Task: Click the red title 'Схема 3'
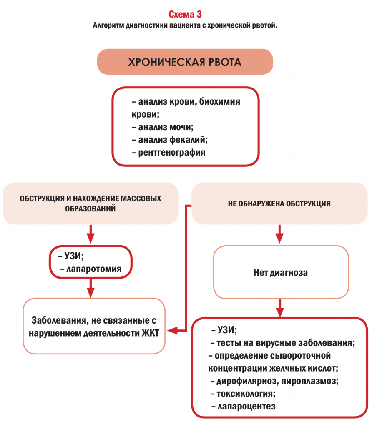185,14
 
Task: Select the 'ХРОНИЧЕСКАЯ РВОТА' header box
185,62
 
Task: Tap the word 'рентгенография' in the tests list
172,153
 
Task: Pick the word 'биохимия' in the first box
220,102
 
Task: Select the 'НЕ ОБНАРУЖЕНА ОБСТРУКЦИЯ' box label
279,203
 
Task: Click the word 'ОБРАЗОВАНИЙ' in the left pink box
90,208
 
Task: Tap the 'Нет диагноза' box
281,272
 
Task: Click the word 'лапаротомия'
94,269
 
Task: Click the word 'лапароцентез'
246,406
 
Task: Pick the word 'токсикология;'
246,394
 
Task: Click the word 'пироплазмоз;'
310,381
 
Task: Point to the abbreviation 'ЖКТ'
150,333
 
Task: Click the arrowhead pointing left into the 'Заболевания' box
172,331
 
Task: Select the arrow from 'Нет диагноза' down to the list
280,308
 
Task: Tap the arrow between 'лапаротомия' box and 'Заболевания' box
90,288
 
